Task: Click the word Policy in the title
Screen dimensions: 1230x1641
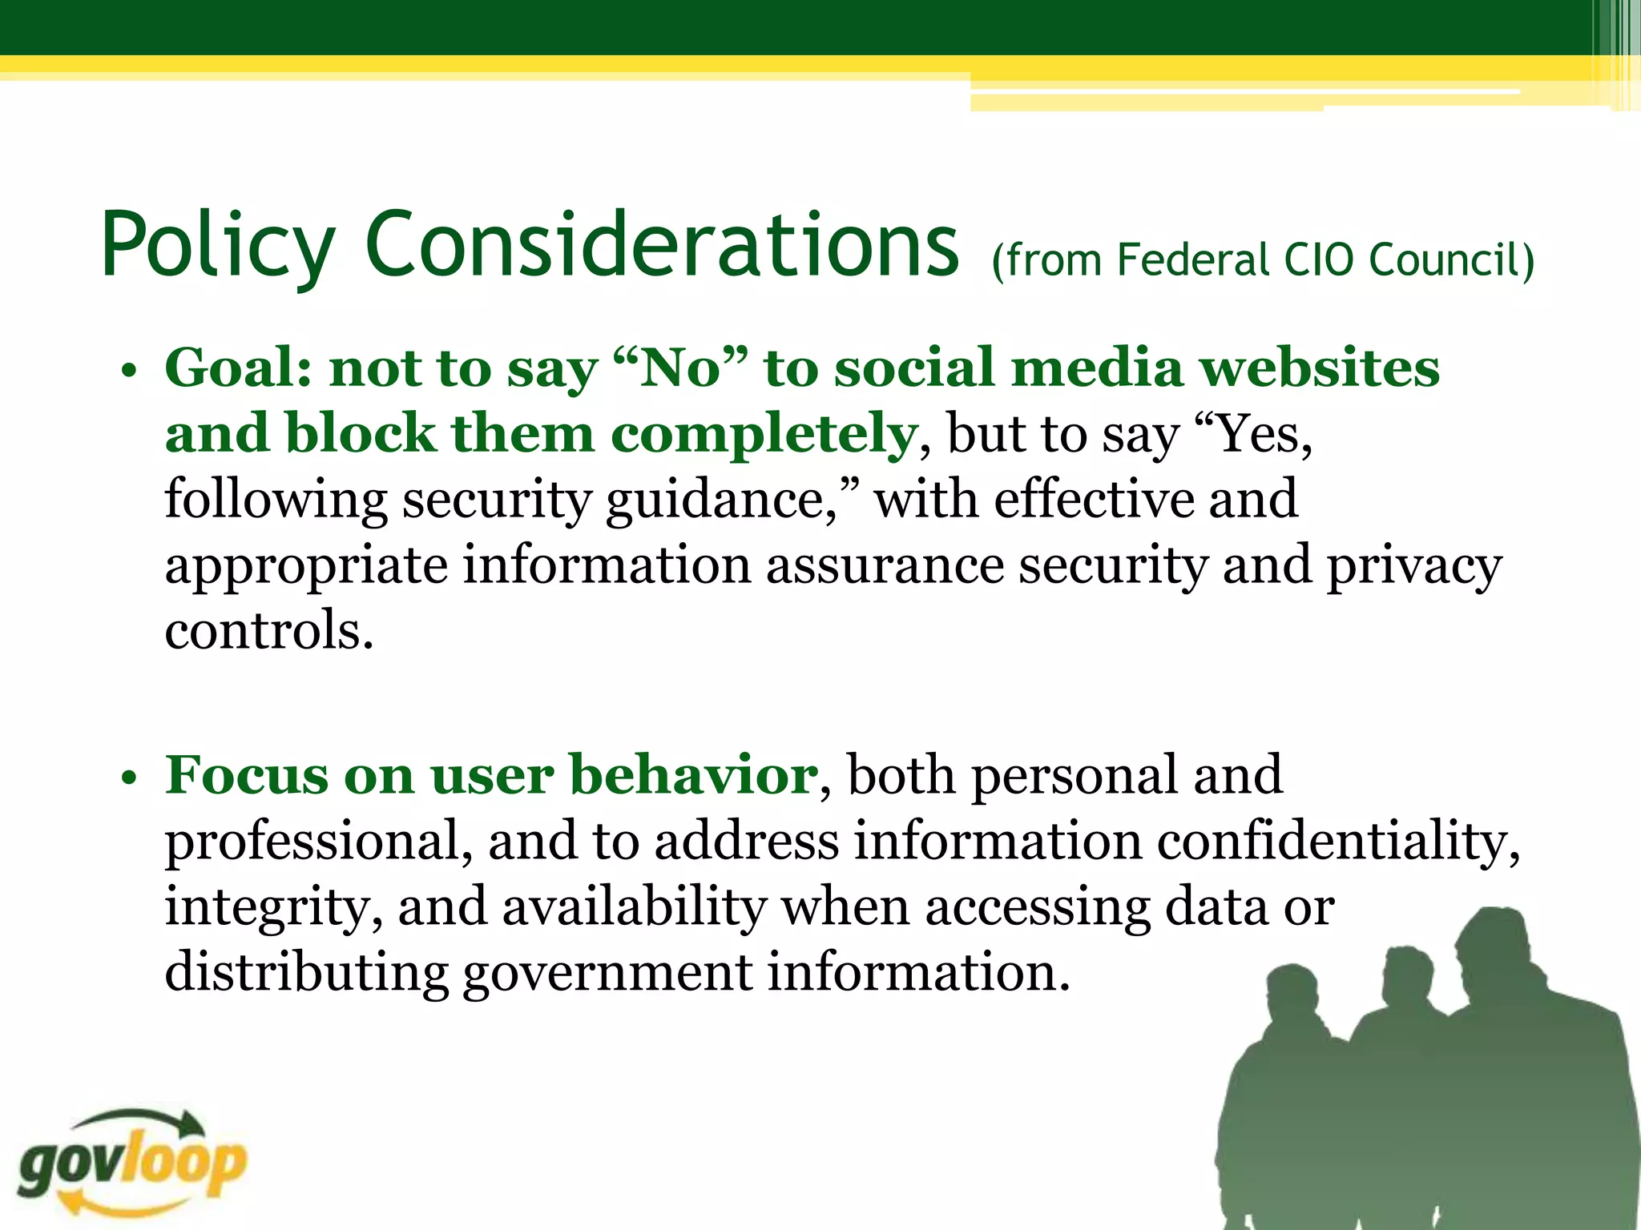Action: pyautogui.click(x=216, y=245)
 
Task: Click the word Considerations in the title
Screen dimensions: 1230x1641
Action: pyautogui.click(x=662, y=243)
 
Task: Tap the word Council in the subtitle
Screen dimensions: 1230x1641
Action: pyautogui.click(x=1450, y=260)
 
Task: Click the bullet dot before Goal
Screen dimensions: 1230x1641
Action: pyautogui.click(x=128, y=372)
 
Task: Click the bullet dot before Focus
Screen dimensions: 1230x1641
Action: pyautogui.click(x=128, y=779)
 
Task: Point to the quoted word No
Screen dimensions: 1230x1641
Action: pyautogui.click(x=681, y=368)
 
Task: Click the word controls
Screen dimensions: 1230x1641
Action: pyautogui.click(x=268, y=631)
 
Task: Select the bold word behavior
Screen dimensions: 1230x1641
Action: pyautogui.click(x=693, y=775)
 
